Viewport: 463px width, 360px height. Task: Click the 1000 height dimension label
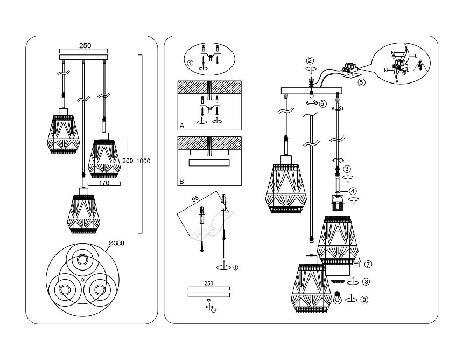143,161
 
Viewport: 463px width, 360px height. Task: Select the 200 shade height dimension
128,161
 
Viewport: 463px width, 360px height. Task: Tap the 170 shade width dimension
104,183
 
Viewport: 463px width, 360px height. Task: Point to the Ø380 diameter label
116,243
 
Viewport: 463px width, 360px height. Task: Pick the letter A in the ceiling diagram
182,124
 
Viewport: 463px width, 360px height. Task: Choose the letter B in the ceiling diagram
182,181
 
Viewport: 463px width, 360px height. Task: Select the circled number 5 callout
361,82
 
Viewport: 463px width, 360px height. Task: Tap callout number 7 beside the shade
368,264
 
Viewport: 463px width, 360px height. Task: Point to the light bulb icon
338,298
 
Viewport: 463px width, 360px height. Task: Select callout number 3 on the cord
348,168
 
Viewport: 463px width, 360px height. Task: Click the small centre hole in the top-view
81,279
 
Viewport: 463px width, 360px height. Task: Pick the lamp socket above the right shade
338,203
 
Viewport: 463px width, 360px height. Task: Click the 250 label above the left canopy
85,46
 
